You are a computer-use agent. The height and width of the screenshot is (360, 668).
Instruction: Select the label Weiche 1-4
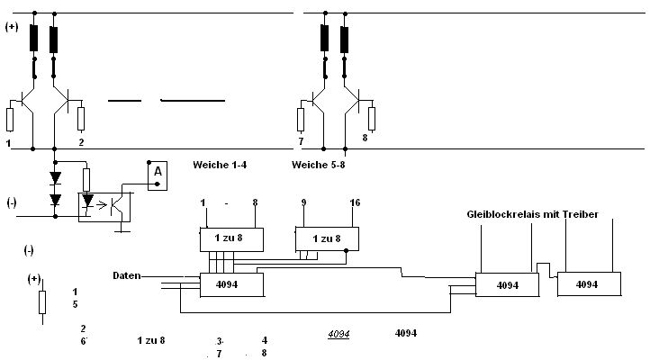(221, 166)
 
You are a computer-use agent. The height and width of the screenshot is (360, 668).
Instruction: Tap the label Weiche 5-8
(320, 166)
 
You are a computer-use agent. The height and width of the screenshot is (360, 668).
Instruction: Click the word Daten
(127, 275)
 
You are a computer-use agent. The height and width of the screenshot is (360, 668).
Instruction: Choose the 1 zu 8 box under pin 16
(326, 238)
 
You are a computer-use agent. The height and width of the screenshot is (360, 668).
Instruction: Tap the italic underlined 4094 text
(338, 334)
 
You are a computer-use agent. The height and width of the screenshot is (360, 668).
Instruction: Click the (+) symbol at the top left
(12, 27)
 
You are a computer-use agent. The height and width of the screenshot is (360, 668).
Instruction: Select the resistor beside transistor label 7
(302, 118)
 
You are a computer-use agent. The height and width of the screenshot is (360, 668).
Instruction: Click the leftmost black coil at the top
(34, 39)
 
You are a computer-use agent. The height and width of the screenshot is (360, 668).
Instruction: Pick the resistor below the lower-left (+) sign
(41, 301)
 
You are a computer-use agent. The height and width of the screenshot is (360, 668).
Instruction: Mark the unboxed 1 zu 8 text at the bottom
(151, 340)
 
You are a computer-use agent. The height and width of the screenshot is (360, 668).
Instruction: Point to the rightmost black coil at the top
(344, 39)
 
